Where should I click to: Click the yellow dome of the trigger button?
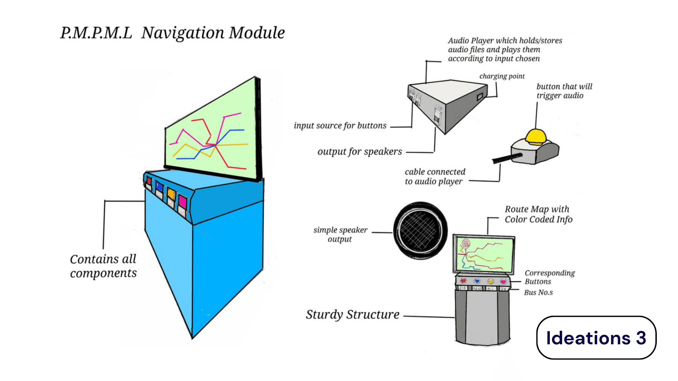click(x=535, y=136)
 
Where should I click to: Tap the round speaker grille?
click(x=420, y=231)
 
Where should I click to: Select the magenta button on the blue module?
click(x=183, y=201)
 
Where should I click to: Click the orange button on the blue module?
click(x=171, y=194)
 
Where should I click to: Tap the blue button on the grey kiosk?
click(x=477, y=281)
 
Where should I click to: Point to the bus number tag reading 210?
click(x=462, y=288)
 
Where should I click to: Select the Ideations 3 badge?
click(x=596, y=338)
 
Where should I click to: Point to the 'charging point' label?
click(x=502, y=76)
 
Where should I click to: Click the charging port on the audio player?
click(x=480, y=96)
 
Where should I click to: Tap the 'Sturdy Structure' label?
click(x=352, y=314)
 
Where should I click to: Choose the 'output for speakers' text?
click(x=359, y=152)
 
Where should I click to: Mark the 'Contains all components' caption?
click(x=103, y=266)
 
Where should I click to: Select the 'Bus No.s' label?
click(x=538, y=292)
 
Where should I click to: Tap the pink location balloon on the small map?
click(x=466, y=243)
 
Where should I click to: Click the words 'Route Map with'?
click(x=537, y=209)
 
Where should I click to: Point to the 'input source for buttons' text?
click(x=340, y=126)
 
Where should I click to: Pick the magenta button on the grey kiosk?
click(x=503, y=282)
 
